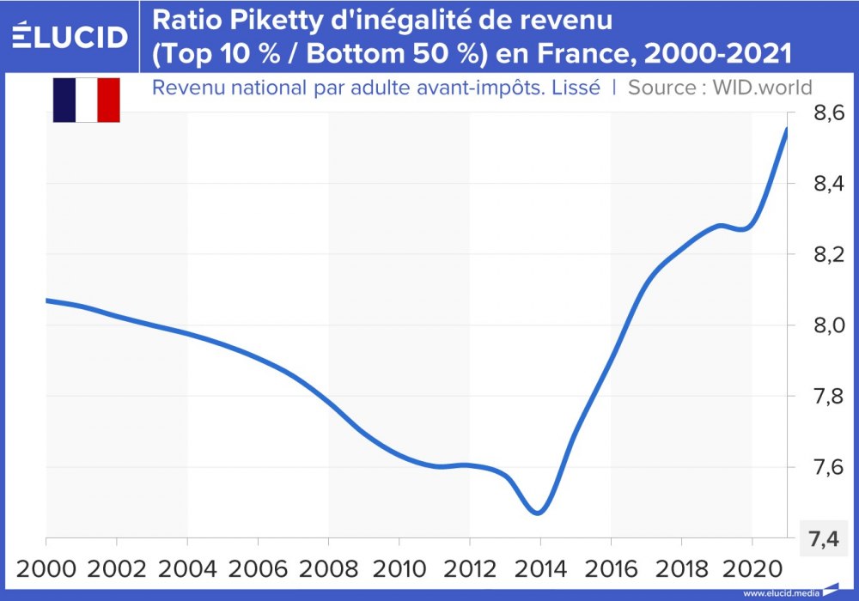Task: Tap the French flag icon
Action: [86, 100]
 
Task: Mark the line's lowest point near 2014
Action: [538, 513]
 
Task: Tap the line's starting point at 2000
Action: [46, 300]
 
